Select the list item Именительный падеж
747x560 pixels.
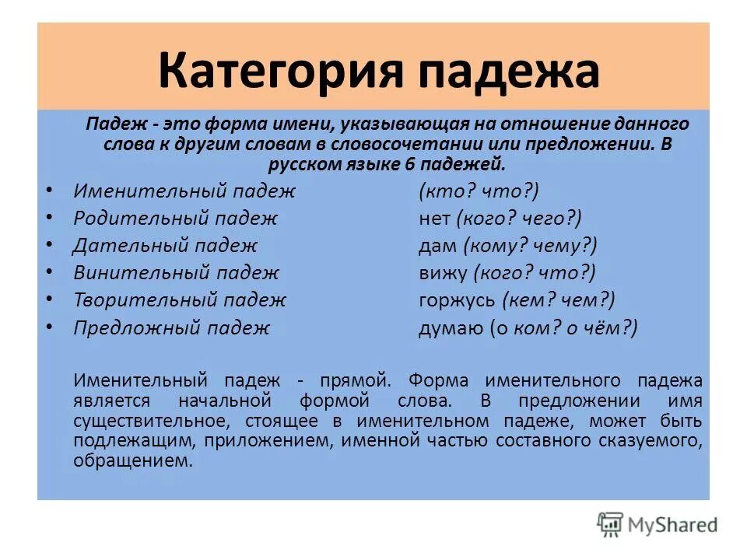(x=184, y=191)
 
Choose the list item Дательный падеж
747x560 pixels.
(x=165, y=246)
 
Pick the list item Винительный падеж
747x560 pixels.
(x=176, y=273)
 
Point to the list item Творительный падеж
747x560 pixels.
(x=180, y=299)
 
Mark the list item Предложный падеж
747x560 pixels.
(x=171, y=327)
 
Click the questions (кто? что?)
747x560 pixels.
(x=479, y=191)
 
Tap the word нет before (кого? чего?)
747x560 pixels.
(x=434, y=219)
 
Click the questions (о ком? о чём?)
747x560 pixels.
(x=563, y=327)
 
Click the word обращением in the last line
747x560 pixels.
(x=132, y=460)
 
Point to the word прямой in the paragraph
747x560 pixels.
(x=352, y=380)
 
